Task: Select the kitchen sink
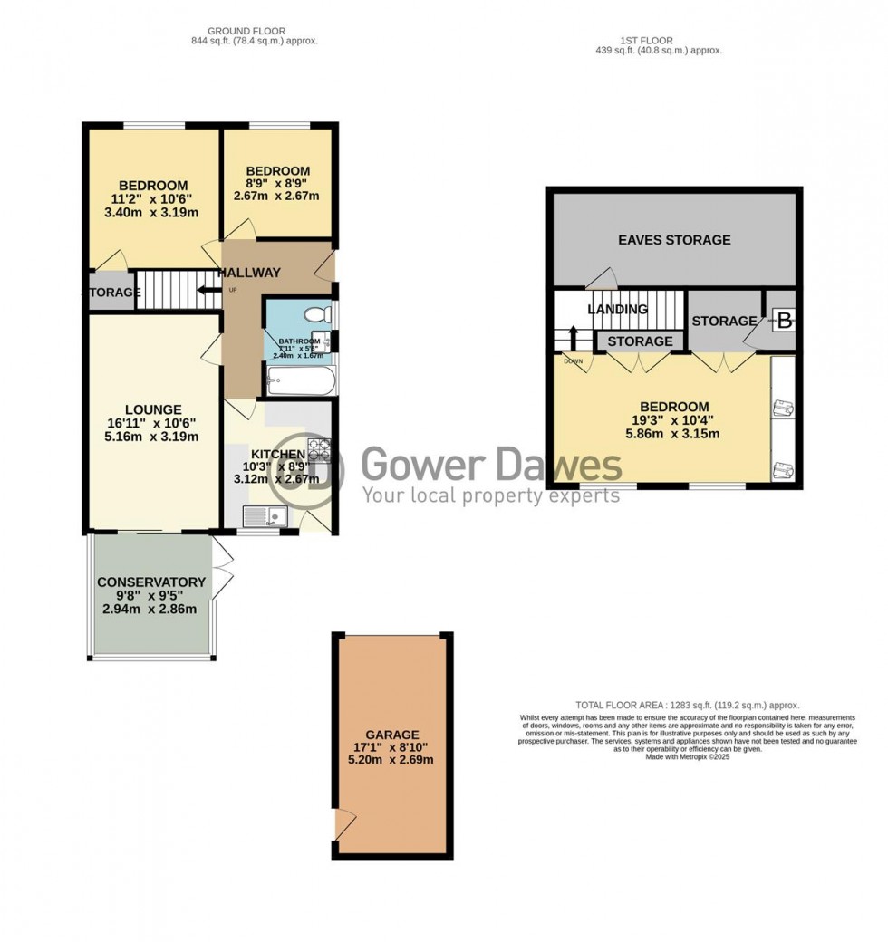click(x=266, y=517)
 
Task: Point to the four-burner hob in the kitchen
click(x=321, y=449)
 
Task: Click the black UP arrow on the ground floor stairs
click(x=206, y=291)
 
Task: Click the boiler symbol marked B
click(x=784, y=320)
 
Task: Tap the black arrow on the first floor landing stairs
click(x=573, y=338)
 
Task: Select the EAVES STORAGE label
click(x=674, y=240)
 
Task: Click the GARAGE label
click(x=392, y=735)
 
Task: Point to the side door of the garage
click(x=343, y=824)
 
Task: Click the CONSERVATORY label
click(x=151, y=582)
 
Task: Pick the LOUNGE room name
click(x=154, y=409)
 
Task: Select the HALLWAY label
click(x=251, y=273)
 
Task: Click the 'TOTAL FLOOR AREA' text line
click(x=688, y=705)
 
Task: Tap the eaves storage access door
click(x=598, y=280)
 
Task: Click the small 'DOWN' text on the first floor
click(x=573, y=360)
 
